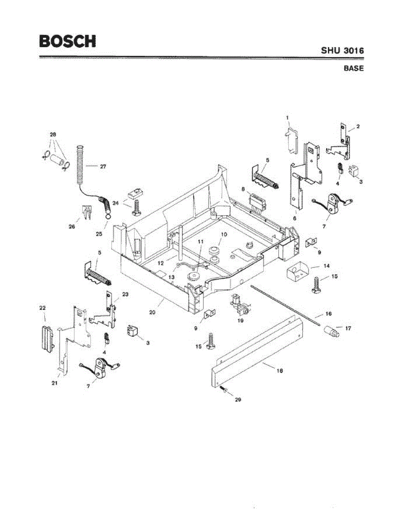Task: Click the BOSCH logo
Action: tap(67, 41)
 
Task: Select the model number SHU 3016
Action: tap(342, 51)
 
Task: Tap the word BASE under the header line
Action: tap(353, 68)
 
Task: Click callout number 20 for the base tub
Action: tap(152, 312)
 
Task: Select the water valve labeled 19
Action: tap(239, 306)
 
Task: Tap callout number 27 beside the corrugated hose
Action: tap(103, 167)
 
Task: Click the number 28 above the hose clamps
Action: tap(53, 134)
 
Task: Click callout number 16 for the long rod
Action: tap(328, 314)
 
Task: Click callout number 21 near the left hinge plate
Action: tap(55, 383)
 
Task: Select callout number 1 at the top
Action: tap(288, 117)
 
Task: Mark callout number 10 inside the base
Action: tap(223, 234)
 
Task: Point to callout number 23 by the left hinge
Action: tap(125, 294)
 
